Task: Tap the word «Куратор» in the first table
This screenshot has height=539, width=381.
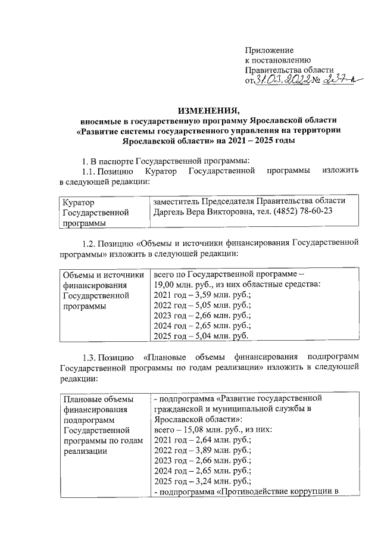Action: (79, 202)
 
